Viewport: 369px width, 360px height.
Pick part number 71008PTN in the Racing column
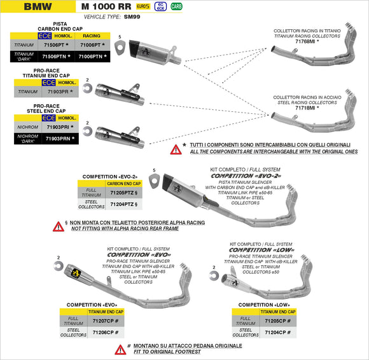tap(92, 57)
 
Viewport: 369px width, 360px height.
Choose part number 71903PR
tap(59, 92)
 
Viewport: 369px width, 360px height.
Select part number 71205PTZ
tap(123, 193)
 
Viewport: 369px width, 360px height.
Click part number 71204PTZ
tap(123, 204)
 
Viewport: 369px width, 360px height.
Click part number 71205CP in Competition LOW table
tap(278, 321)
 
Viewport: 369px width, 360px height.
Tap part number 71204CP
tap(278, 332)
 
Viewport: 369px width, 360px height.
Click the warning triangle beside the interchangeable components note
tap(175, 149)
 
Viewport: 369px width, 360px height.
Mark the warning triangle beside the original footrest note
tap(120, 349)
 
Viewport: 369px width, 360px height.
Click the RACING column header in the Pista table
tap(92, 36)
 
